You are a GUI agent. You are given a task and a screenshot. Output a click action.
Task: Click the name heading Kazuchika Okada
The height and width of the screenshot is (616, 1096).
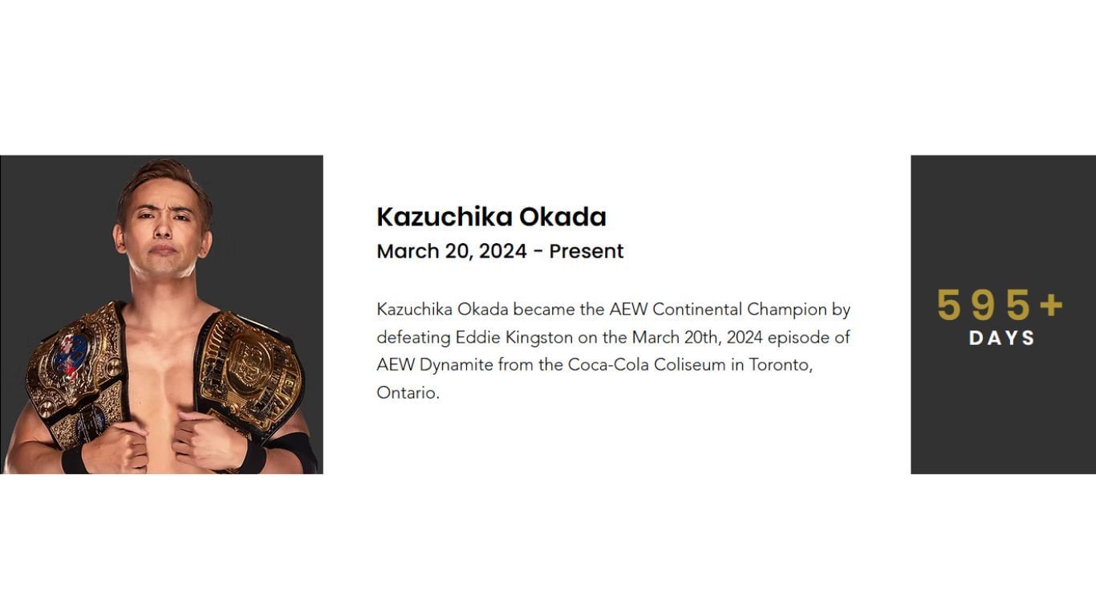coord(491,217)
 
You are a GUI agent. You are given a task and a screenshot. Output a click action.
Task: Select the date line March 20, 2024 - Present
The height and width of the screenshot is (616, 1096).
coord(500,251)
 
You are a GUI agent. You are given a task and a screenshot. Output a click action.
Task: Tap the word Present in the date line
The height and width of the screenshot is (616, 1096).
coord(586,251)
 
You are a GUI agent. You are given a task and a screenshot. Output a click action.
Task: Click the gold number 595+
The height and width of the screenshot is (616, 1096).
coord(1000,306)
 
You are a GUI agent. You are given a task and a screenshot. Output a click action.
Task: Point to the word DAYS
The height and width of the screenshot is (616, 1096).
coord(1002,338)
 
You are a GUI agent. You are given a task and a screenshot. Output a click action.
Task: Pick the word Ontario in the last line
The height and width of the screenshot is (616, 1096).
coord(407,393)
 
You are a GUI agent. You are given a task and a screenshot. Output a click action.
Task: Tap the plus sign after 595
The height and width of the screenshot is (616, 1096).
coord(1051,306)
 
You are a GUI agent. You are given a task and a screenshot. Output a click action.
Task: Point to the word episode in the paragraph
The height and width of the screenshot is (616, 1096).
coord(794,337)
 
